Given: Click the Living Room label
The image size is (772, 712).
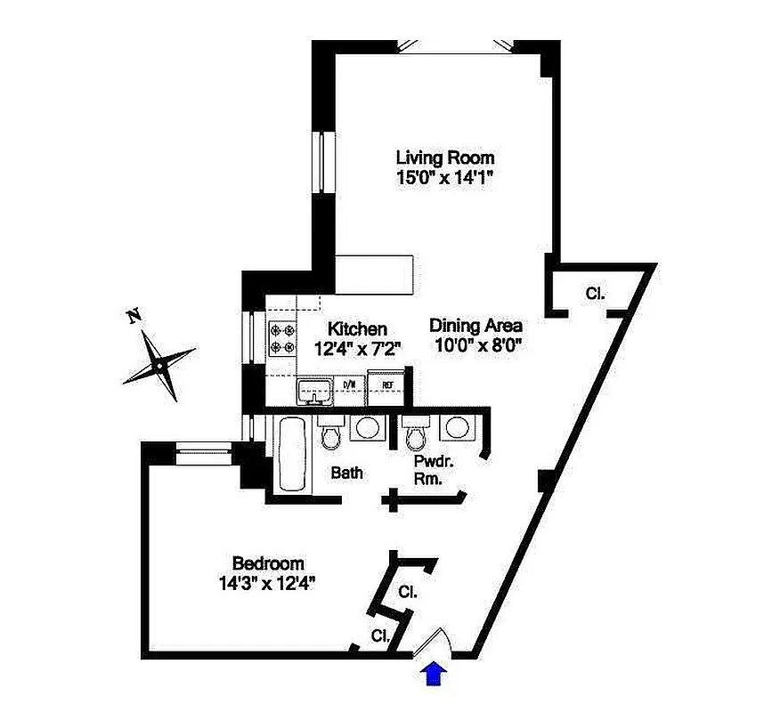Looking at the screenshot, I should [444, 158].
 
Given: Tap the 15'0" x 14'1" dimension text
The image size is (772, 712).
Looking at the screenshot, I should [444, 177].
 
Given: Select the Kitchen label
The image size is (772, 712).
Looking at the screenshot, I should [356, 328].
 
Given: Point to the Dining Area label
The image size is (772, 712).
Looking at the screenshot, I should [475, 325].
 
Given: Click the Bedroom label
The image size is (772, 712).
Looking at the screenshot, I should [268, 563].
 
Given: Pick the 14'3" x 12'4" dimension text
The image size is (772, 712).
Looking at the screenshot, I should [268, 584].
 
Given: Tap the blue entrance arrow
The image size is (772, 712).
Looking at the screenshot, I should [435, 674].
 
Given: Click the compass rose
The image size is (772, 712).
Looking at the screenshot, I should [158, 363].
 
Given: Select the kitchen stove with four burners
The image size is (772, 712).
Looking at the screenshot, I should [282, 337].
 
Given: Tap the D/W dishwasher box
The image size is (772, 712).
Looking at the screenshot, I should [350, 385].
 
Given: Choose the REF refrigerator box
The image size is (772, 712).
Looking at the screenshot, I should [387, 385].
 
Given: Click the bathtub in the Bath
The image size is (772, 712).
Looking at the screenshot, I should [290, 455].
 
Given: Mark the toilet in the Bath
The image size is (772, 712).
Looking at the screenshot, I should [329, 435].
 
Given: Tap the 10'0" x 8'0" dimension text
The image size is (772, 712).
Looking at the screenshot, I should [475, 345].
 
